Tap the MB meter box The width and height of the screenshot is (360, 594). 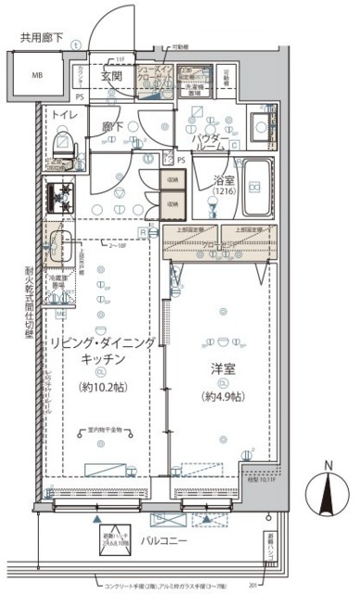point(38,75)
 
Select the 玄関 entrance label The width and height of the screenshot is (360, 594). point(111,76)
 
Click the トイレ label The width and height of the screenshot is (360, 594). point(64,114)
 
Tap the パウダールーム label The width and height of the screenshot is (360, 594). point(212,144)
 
